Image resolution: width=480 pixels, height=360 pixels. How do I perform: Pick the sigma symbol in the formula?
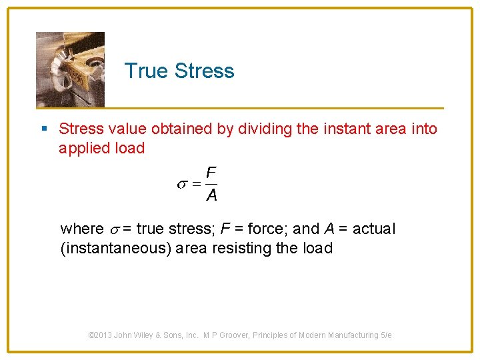(181, 185)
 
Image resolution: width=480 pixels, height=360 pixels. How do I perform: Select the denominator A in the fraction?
(211, 195)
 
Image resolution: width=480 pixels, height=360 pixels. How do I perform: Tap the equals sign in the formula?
(196, 185)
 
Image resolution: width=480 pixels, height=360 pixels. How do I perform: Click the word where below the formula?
(82, 229)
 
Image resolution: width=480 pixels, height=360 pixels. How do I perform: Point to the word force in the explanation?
(270, 229)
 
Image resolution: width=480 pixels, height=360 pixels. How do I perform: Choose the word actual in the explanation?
(373, 229)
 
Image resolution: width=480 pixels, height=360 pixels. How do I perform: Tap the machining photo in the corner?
(70, 69)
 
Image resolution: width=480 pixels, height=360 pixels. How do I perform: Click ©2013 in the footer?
(100, 335)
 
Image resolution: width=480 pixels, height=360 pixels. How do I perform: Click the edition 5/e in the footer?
(385, 335)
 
